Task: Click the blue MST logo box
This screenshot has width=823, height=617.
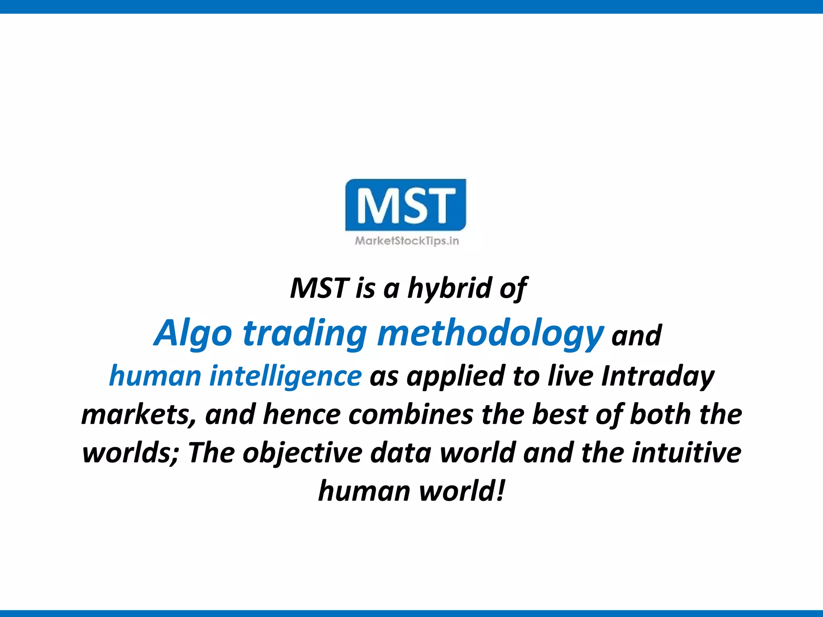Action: (406, 205)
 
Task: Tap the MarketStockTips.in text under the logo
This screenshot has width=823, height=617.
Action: (407, 241)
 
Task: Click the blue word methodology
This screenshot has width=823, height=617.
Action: (490, 333)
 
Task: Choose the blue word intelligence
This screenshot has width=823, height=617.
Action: (285, 376)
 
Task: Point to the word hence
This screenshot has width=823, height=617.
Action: (301, 415)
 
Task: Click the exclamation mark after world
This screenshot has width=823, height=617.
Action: (500, 491)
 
